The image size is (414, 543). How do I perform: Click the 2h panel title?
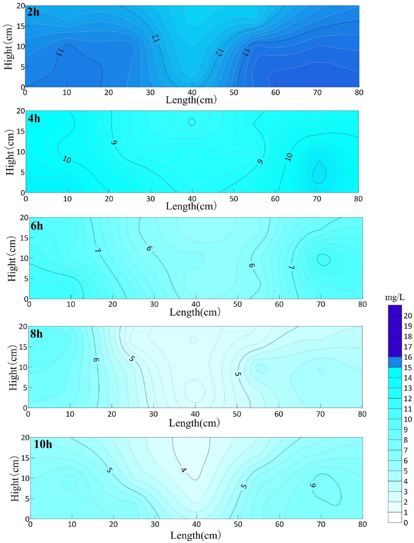click(x=33, y=12)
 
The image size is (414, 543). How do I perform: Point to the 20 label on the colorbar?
click(x=408, y=316)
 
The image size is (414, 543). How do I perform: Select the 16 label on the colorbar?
click(x=408, y=357)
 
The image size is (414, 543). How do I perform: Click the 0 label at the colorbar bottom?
click(x=405, y=523)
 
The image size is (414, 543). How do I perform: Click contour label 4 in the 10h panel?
click(x=183, y=470)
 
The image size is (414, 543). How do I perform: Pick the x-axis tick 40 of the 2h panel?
click(x=192, y=92)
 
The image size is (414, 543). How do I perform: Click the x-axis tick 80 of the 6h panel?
click(x=362, y=304)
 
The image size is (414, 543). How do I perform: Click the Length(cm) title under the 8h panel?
click(x=194, y=423)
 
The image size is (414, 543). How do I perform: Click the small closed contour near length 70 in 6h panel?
click(x=323, y=260)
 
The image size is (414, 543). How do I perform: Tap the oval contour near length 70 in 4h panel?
click(x=319, y=173)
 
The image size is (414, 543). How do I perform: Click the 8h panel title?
click(x=36, y=334)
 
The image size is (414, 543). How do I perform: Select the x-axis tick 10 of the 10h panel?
click(x=72, y=524)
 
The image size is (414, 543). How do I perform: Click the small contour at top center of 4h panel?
click(x=192, y=121)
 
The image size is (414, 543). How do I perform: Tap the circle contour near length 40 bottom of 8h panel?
click(x=194, y=391)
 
